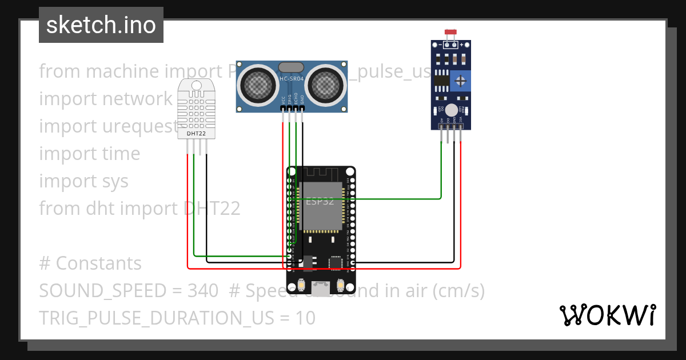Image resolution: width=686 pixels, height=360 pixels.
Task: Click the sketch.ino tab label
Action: [x=101, y=25]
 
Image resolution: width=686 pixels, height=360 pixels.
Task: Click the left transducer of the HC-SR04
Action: [x=258, y=84]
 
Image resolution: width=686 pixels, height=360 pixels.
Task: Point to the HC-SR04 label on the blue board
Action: [x=292, y=78]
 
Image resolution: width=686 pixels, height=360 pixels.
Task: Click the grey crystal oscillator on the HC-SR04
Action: [x=291, y=67]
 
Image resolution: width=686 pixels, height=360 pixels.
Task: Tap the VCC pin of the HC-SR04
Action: [x=282, y=107]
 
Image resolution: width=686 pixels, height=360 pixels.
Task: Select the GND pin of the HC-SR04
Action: [x=302, y=107]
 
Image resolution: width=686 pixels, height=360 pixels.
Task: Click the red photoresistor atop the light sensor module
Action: [x=450, y=33]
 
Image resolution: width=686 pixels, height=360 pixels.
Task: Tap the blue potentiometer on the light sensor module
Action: [x=460, y=81]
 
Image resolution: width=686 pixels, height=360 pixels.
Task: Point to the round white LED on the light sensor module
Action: [x=451, y=110]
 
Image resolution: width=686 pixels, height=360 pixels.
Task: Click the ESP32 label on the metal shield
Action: [x=320, y=201]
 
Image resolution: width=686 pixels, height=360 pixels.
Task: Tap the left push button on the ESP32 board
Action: [x=301, y=286]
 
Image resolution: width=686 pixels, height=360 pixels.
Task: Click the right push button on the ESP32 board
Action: [x=340, y=286]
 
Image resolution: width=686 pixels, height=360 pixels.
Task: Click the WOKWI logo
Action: [x=607, y=315]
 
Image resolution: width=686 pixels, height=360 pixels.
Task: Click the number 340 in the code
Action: [x=202, y=291]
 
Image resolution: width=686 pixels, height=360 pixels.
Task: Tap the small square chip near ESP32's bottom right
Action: [x=335, y=262]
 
